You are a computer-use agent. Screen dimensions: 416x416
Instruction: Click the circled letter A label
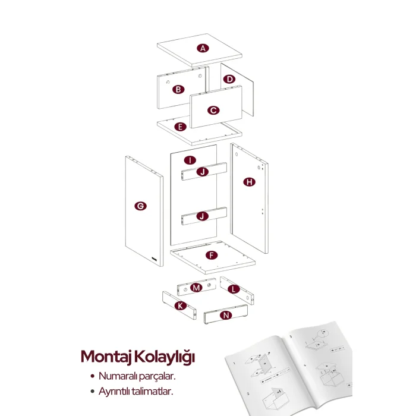(x=203, y=48)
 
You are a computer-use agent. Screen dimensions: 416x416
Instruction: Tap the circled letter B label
(x=178, y=89)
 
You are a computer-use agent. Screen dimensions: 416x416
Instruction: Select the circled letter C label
(x=213, y=110)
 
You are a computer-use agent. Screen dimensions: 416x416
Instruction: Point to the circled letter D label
(x=229, y=79)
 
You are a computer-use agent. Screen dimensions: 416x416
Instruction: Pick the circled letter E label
(x=181, y=127)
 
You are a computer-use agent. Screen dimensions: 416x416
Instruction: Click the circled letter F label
(x=212, y=255)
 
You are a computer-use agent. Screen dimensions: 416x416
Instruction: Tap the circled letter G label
(x=140, y=206)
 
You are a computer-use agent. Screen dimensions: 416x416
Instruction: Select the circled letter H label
(x=250, y=182)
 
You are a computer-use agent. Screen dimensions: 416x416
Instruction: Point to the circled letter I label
(x=190, y=160)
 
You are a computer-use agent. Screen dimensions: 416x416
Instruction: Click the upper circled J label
(x=203, y=172)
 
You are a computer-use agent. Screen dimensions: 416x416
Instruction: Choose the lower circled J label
(x=203, y=216)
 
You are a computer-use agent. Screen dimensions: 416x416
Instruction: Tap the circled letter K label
(x=181, y=306)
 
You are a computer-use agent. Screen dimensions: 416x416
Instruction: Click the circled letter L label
(x=234, y=289)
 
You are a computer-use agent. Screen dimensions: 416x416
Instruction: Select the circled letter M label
(x=196, y=288)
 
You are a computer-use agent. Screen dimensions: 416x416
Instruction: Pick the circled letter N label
(x=226, y=315)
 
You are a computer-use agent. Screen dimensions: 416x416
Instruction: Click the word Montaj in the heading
(x=106, y=357)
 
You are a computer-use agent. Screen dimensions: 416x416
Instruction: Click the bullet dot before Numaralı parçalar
(x=92, y=376)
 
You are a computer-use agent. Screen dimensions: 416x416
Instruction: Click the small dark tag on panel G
(x=155, y=259)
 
